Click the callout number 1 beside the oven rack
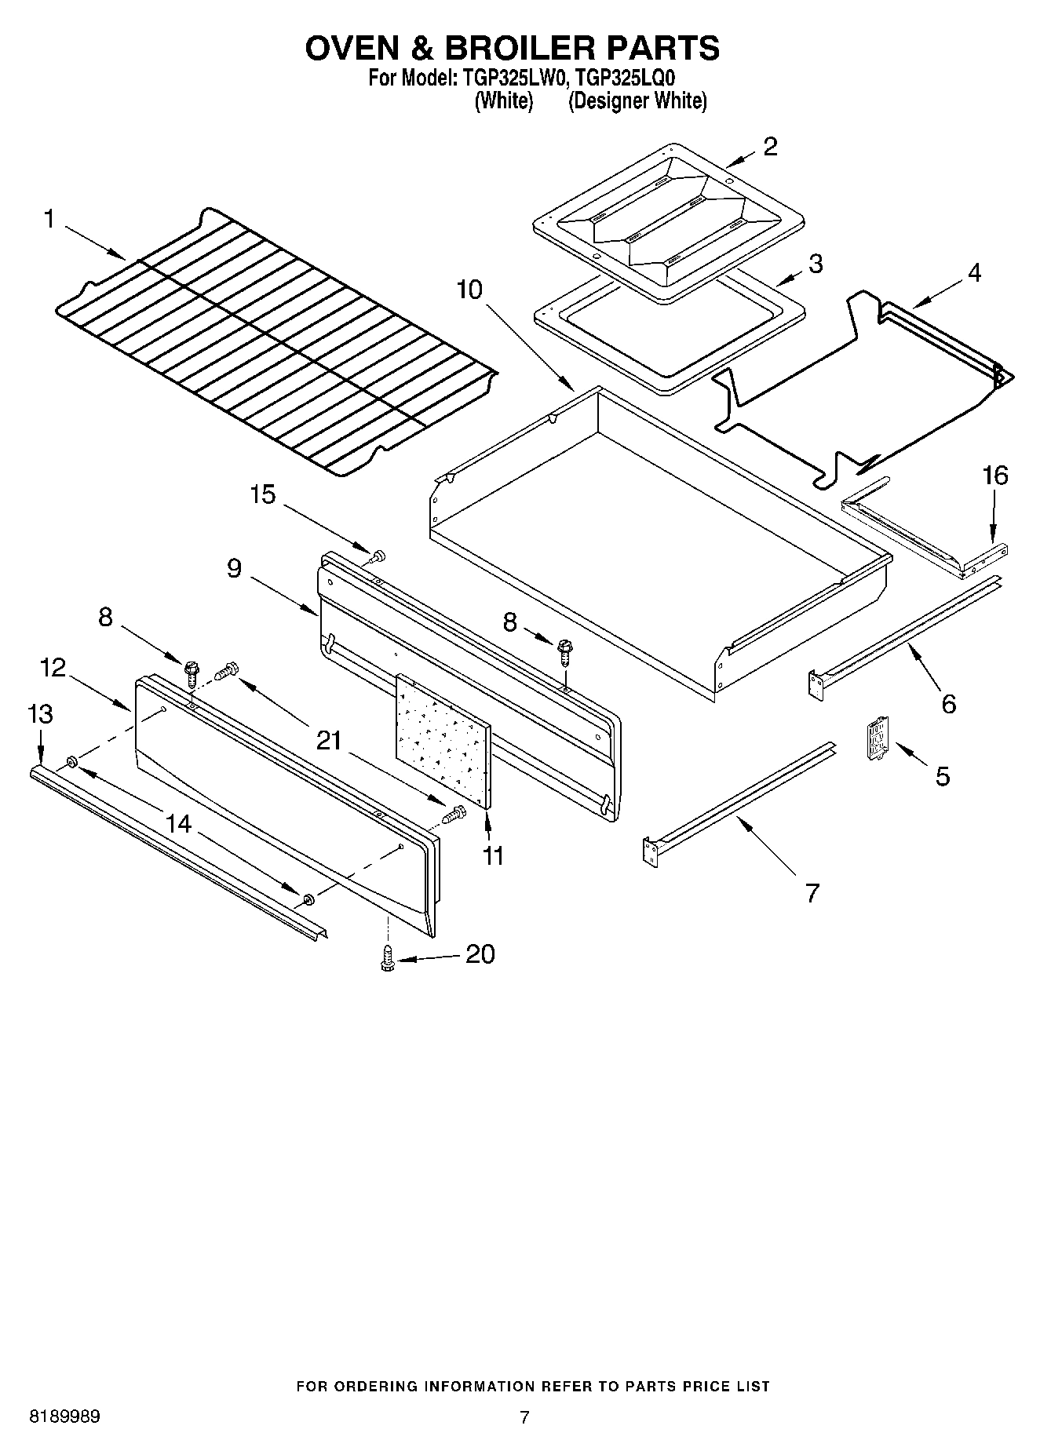coord(49,220)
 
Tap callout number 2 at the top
coord(770,146)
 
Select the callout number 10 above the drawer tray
coord(469,290)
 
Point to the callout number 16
coord(994,476)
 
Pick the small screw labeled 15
coord(378,556)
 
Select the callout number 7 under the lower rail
coord(812,892)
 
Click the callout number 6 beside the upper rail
coord(948,704)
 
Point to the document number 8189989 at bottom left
coord(64,1417)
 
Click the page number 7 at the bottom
coord(524,1417)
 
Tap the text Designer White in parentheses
coord(637,100)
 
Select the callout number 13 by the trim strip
coord(40,714)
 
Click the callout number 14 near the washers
coord(178,823)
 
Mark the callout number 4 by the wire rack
coord(973,273)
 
